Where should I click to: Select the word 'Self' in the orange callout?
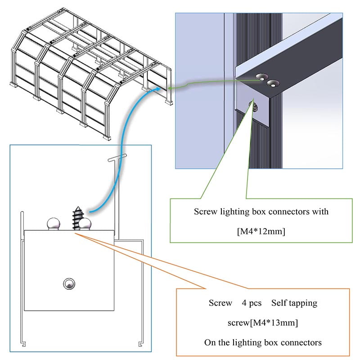[x=279, y=303]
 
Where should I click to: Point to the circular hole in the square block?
[x=68, y=283]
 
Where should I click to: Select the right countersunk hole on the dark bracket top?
[x=272, y=83]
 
